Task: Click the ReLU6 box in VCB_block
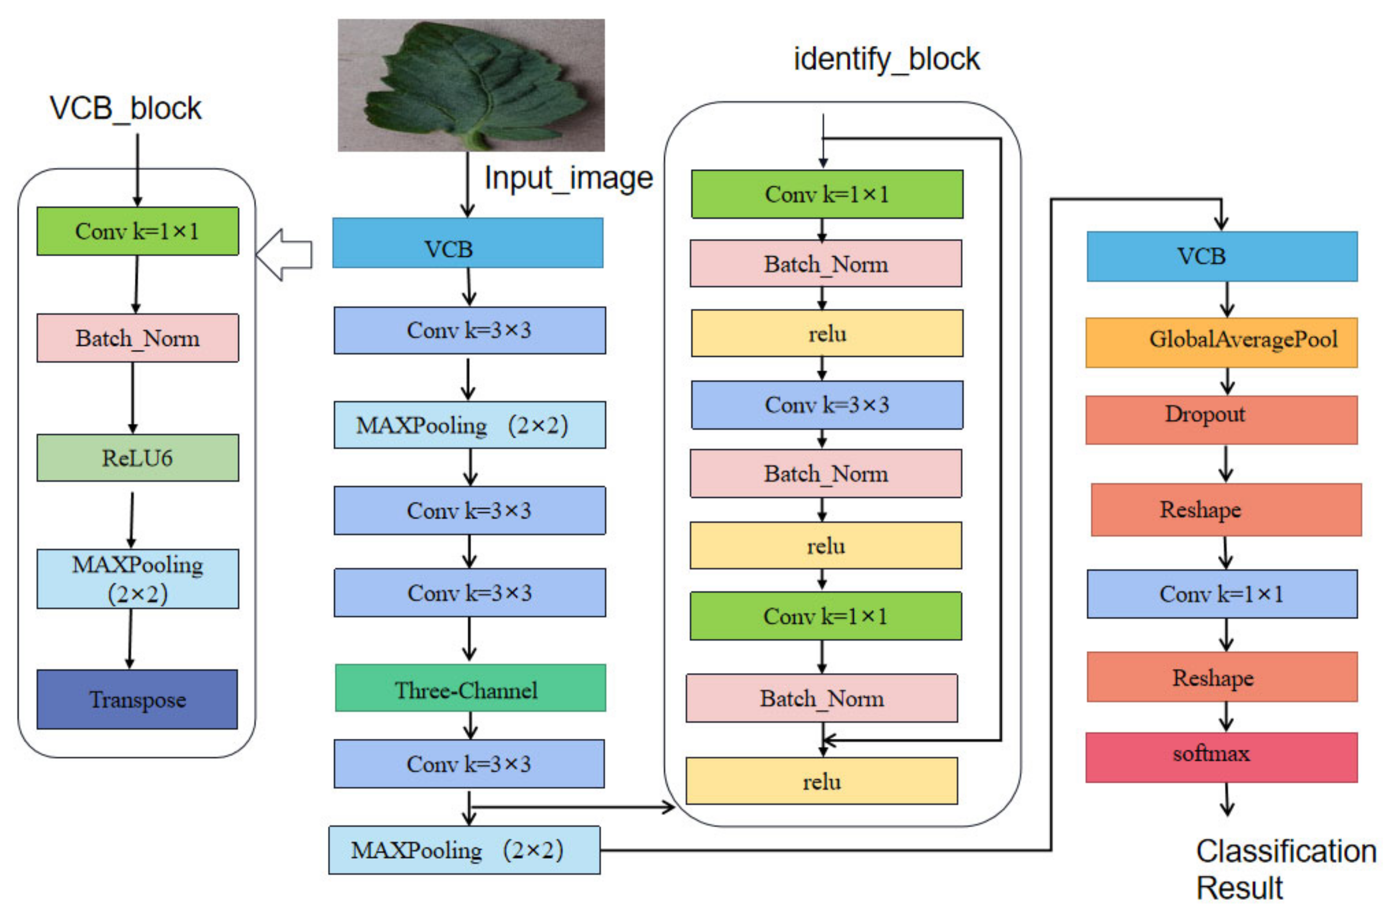137,458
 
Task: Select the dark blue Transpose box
137,699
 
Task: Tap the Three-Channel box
470,688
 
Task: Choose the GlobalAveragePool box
1221,342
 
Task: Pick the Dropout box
1221,420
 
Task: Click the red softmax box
1221,757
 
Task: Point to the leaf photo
471,85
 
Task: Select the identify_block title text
886,59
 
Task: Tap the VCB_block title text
125,108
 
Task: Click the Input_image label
568,178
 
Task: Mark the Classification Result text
1285,869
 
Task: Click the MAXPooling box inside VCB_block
137,579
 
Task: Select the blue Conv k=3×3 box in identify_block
827,405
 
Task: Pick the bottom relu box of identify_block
821,781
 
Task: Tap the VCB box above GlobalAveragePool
1221,256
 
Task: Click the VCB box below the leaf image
468,243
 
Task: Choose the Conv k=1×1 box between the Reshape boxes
1221,594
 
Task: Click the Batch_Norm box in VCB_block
137,338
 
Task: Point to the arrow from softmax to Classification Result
1227,799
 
